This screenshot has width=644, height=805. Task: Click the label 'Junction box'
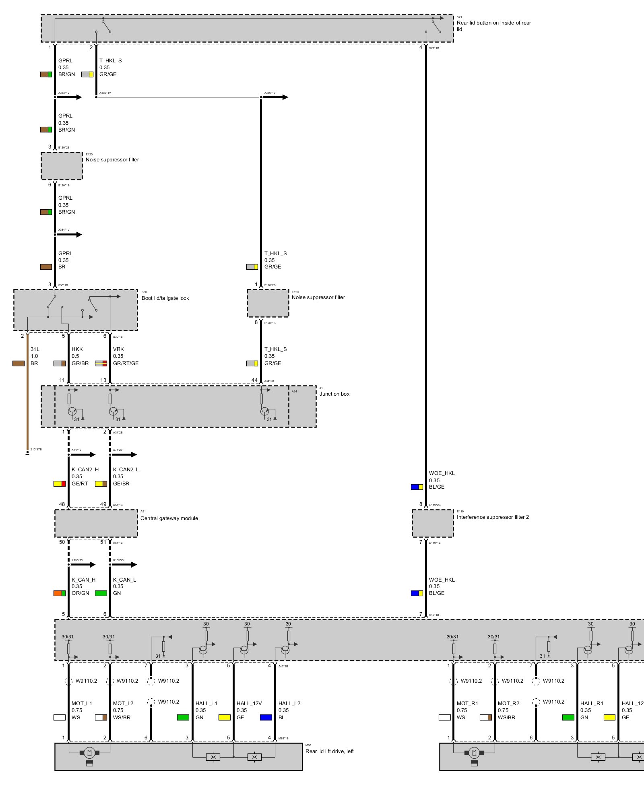tap(334, 394)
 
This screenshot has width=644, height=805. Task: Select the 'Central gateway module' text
tap(169, 518)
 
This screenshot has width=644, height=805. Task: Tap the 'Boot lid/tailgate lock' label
tap(165, 298)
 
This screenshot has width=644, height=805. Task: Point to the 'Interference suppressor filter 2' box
tap(433, 523)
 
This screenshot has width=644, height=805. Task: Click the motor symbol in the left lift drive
tap(89, 753)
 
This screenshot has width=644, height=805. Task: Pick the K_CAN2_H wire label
tap(85, 470)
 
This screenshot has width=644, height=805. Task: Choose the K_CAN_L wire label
tap(124, 580)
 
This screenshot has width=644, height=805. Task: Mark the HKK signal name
tap(77, 349)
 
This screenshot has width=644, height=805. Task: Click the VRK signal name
tap(118, 349)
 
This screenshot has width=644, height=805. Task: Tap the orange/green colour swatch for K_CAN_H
tap(60, 593)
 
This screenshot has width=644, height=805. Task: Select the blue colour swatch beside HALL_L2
tap(266, 718)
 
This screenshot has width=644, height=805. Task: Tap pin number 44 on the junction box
tap(254, 380)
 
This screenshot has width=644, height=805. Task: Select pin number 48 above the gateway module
tap(62, 504)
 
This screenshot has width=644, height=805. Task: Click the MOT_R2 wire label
tap(508, 704)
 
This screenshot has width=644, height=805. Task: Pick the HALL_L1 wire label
tap(206, 704)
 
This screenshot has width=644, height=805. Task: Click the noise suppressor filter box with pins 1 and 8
tap(268, 303)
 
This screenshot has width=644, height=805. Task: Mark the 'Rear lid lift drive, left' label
tap(329, 751)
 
